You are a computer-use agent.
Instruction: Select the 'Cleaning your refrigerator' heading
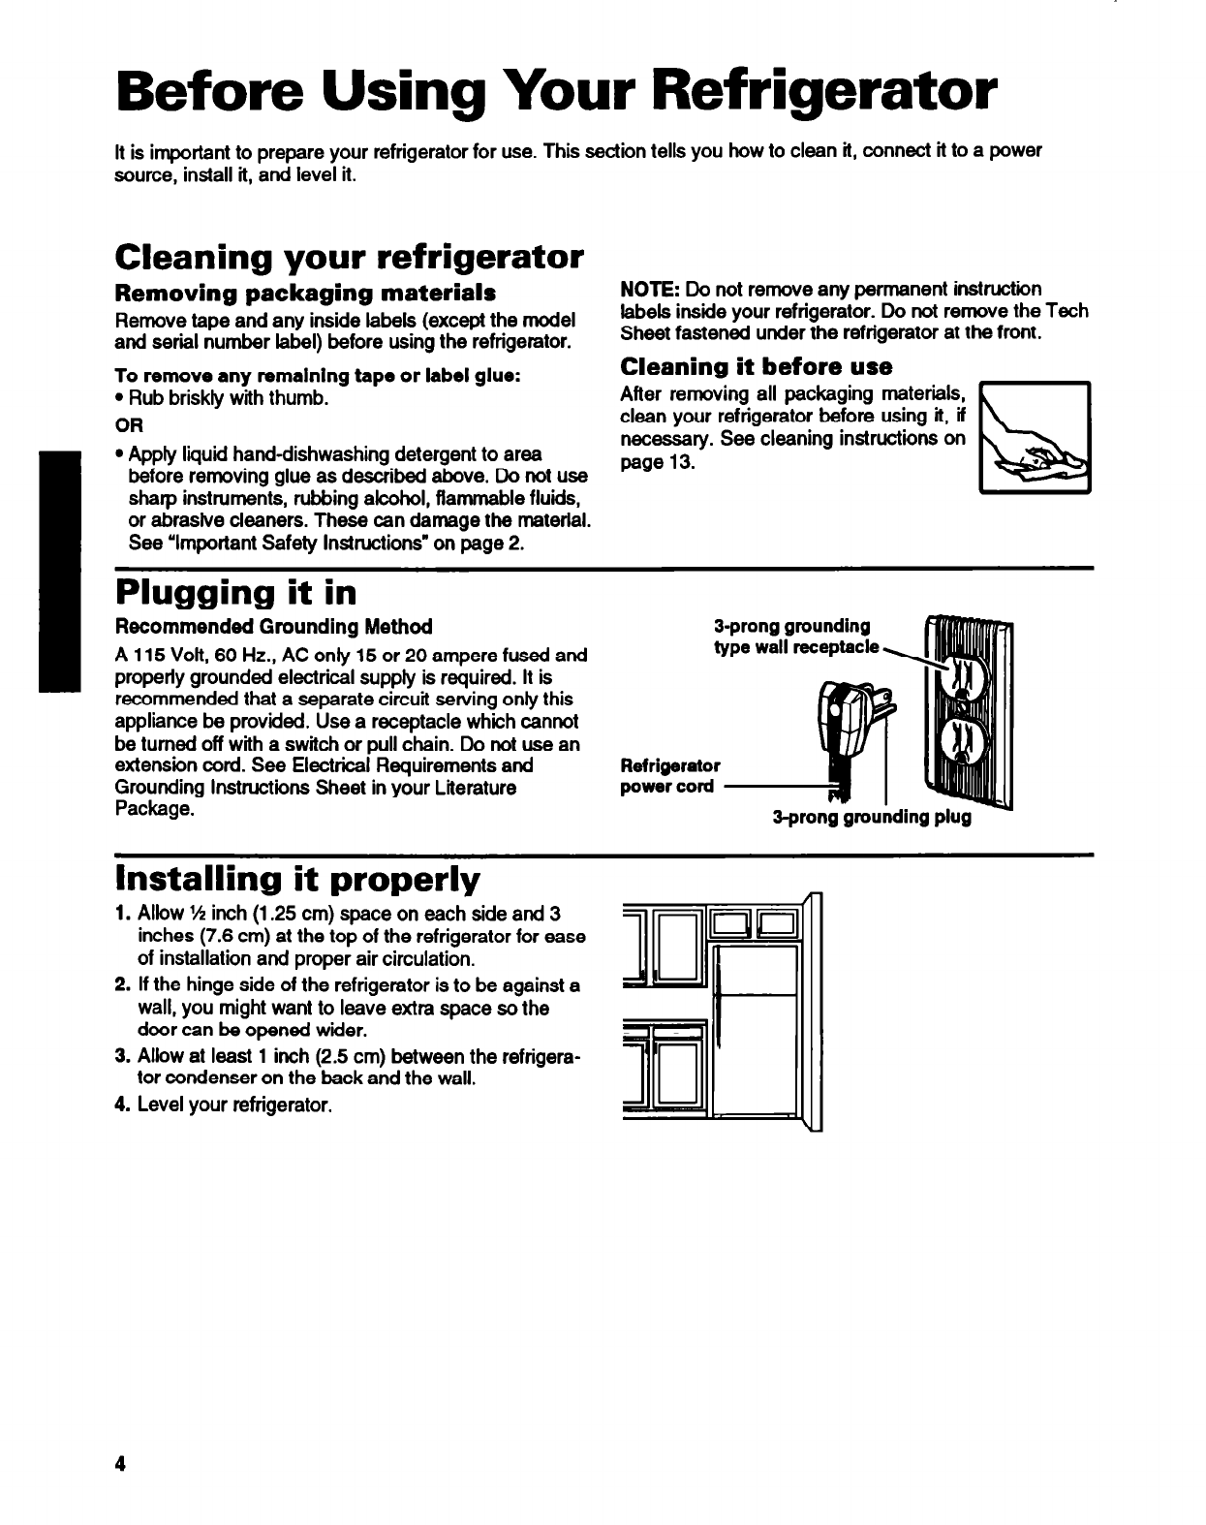[349, 258]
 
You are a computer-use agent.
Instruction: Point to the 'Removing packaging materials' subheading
[306, 292]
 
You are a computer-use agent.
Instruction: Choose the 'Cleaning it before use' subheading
[756, 366]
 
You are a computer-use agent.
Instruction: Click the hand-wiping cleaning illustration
[1036, 437]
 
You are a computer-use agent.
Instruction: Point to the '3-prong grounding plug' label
[871, 817]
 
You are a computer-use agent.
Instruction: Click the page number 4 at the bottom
[121, 1436]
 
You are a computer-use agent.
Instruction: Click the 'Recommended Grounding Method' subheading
[274, 627]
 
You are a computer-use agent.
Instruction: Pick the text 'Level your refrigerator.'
[234, 1105]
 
